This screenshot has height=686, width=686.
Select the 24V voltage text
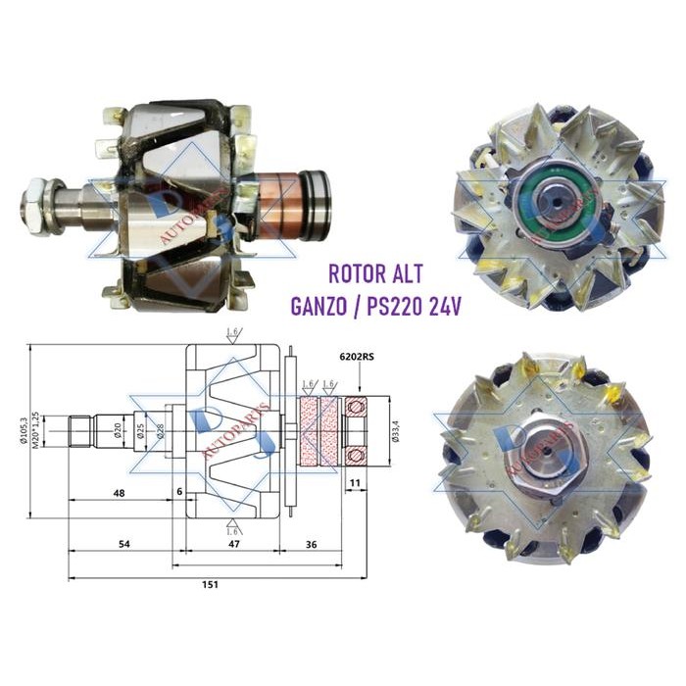pos(447,305)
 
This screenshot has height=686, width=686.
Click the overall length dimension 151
pos(210,585)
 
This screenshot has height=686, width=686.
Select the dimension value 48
pos(118,494)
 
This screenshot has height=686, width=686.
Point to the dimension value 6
pos(180,490)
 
